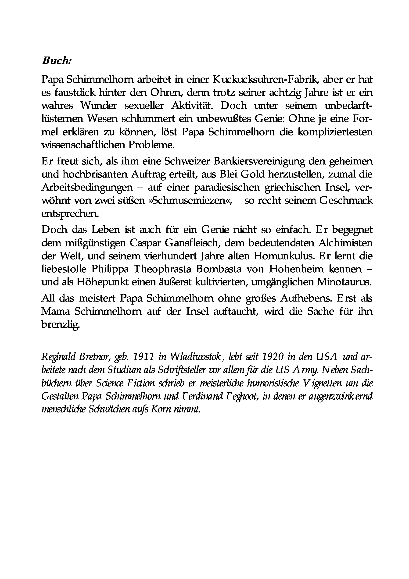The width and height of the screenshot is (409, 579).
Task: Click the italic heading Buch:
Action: [57, 61]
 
